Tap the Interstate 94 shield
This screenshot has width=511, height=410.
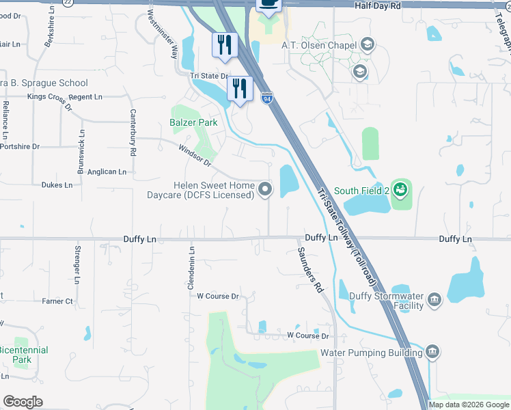(266, 98)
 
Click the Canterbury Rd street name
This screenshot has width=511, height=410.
(133, 131)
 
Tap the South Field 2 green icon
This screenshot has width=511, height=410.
(402, 189)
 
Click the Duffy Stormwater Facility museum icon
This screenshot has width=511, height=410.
(434, 299)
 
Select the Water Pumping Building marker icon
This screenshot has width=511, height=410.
(431, 352)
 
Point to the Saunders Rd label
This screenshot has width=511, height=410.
(309, 270)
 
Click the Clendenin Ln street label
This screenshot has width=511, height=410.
(191, 268)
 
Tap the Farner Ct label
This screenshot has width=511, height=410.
(57, 301)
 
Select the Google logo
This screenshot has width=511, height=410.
(23, 402)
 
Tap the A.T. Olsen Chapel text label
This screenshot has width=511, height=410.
(324, 46)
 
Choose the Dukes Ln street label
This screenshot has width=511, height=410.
(57, 185)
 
